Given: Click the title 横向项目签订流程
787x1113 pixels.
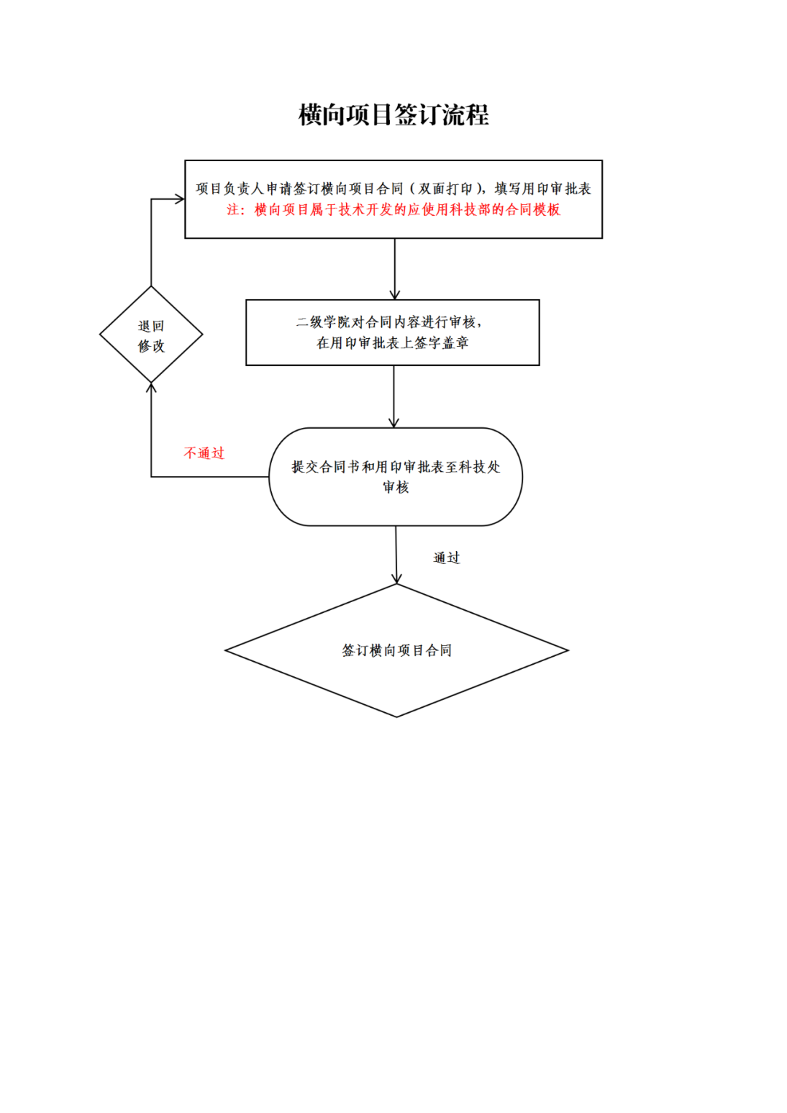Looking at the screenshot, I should pyautogui.click(x=393, y=115).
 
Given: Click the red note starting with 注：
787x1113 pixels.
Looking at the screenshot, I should pyautogui.click(x=393, y=210).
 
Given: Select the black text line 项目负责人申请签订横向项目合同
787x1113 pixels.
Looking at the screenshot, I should pyautogui.click(x=299, y=189).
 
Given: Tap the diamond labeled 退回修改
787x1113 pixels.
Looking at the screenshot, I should pyautogui.click(x=151, y=335).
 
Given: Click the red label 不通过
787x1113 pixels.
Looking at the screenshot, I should pyautogui.click(x=204, y=453).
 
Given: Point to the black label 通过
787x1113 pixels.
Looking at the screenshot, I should pyautogui.click(x=447, y=558).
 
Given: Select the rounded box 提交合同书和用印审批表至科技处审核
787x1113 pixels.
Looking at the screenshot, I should pyautogui.click(x=396, y=477).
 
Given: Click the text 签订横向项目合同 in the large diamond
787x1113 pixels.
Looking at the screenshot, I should pyautogui.click(x=396, y=650).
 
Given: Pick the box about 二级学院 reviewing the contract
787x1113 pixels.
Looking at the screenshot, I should pyautogui.click(x=393, y=332).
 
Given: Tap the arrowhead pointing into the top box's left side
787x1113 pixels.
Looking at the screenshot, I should pyautogui.click(x=180, y=198).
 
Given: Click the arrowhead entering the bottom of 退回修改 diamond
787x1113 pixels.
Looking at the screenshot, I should pyautogui.click(x=151, y=387).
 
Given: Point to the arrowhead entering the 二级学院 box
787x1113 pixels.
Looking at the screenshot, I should pyautogui.click(x=394, y=294).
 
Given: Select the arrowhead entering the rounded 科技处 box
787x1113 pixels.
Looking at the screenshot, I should pyautogui.click(x=393, y=423).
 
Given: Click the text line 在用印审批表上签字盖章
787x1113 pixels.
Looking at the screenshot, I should pyautogui.click(x=393, y=343).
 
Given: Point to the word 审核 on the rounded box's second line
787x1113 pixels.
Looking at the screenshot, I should pyautogui.click(x=396, y=488).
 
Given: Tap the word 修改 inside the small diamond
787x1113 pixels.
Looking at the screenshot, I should pyautogui.click(x=151, y=346).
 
